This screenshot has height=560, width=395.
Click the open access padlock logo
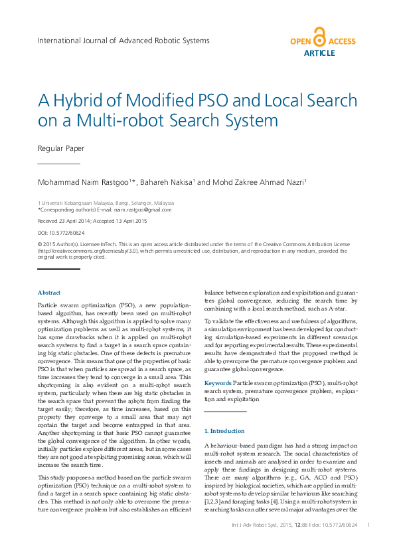point(320,37)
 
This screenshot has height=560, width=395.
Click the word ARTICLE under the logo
point(319,53)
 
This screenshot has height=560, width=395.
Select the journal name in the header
point(123,41)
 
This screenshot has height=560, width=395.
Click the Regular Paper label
point(61,148)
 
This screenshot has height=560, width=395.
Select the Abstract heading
point(49,293)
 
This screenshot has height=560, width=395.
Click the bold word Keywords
point(218,383)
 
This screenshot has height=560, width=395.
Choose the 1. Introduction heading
point(224,431)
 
